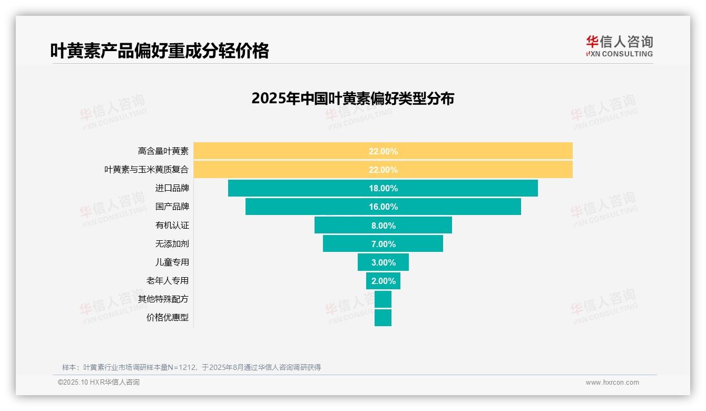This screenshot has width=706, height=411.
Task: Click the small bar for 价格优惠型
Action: [x=383, y=318]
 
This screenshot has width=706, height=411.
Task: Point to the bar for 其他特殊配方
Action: [x=383, y=299]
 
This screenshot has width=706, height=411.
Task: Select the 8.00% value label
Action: [x=383, y=226]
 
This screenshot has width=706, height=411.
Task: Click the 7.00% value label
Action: [x=383, y=244]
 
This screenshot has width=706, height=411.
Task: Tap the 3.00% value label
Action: [x=383, y=262]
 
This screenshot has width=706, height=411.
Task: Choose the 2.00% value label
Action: [x=383, y=281]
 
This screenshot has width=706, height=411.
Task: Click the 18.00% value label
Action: [x=383, y=188]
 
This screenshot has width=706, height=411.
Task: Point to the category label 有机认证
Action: [x=172, y=225]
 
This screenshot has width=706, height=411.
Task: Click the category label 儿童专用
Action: [x=172, y=262]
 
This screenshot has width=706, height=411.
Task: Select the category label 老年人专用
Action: [x=168, y=280]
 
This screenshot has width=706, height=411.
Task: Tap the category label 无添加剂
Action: [x=172, y=243]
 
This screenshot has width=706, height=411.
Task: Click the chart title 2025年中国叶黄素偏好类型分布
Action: [x=352, y=99]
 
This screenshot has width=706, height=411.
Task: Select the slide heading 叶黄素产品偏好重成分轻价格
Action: [x=159, y=51]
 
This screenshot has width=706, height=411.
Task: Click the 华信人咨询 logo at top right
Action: [x=619, y=46]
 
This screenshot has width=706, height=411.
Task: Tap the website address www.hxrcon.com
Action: [x=612, y=383]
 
